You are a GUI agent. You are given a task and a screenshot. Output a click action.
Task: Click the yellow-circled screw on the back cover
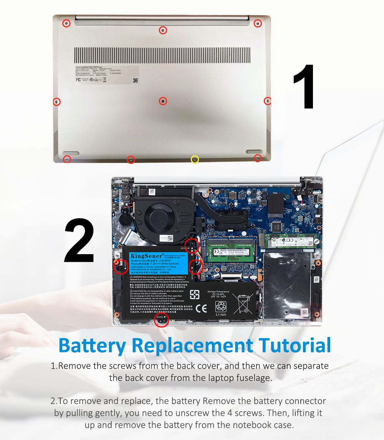point(195,159)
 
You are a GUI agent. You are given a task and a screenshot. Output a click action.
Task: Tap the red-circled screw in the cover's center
point(163,101)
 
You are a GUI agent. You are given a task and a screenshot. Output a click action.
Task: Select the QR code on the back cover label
point(135,80)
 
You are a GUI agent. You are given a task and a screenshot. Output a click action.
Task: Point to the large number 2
point(79,241)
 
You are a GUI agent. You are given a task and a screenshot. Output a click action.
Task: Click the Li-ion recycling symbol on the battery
point(221,307)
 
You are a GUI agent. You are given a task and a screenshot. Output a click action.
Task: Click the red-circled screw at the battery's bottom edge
point(162,320)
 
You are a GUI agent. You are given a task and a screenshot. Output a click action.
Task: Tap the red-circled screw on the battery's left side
point(121,265)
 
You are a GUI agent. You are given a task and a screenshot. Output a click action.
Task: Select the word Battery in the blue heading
point(92,345)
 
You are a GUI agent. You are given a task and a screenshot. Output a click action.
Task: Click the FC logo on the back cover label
point(78,79)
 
